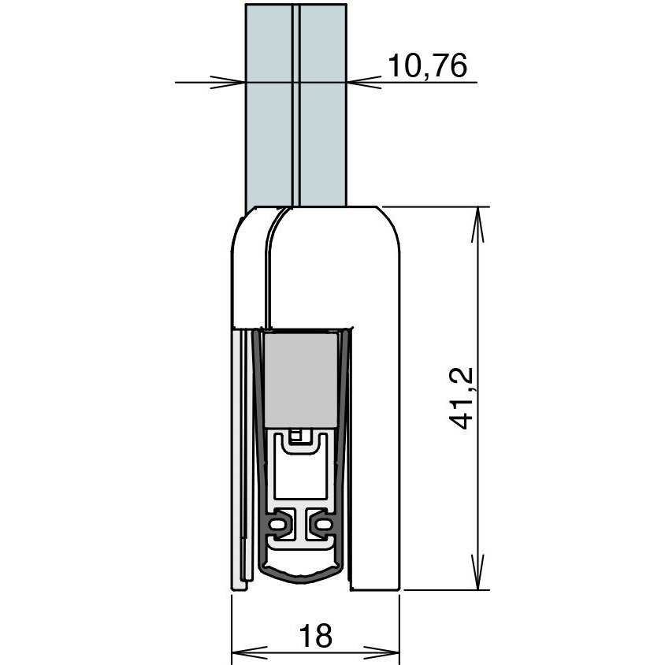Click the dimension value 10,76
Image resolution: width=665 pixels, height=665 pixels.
[427, 65]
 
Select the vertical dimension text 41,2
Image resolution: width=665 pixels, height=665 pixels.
[461, 398]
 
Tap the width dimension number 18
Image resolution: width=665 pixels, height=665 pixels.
[315, 635]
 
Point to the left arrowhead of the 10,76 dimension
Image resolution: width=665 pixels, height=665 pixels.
[228, 82]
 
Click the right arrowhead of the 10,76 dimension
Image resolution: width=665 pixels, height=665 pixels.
[364, 82]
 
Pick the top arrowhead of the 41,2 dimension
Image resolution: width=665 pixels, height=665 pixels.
[477, 225]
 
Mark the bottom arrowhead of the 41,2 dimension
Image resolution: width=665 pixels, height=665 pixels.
[477, 572]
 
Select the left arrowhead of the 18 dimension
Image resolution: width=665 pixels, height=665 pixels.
[249, 652]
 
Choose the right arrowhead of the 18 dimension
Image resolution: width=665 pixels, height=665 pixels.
[381, 652]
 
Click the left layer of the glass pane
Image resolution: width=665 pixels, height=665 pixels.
[269, 106]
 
